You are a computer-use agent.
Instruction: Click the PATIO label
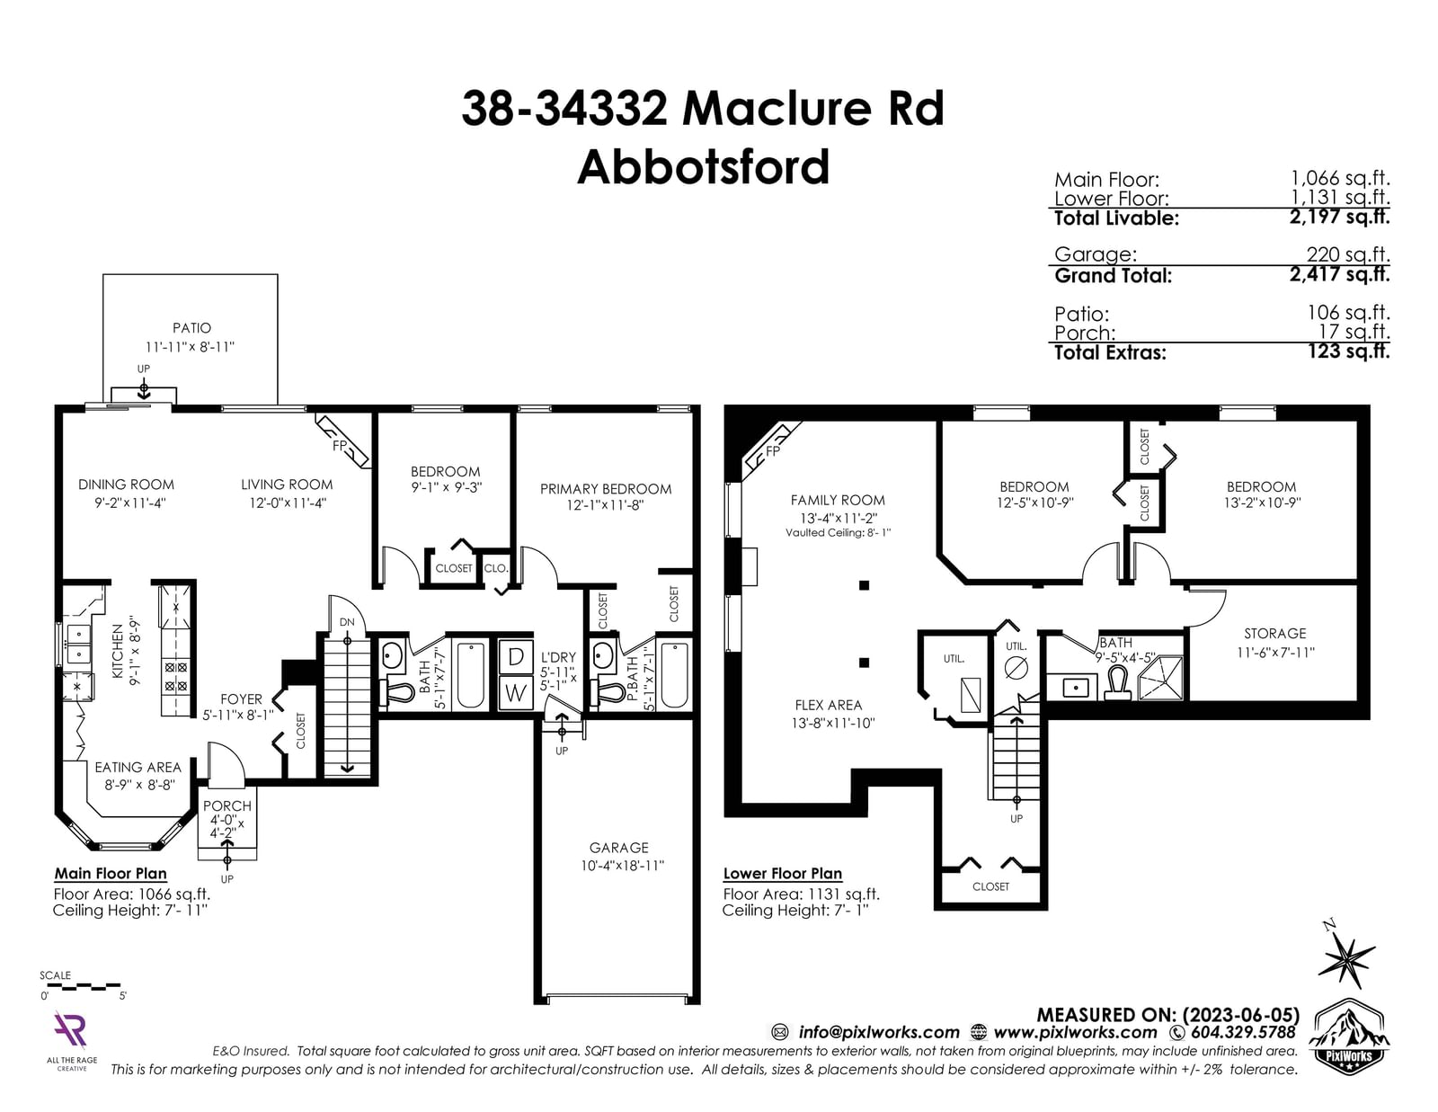click(192, 327)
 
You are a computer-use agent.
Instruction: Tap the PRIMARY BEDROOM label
click(606, 489)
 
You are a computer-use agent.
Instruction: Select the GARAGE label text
click(618, 847)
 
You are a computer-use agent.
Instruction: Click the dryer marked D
click(516, 656)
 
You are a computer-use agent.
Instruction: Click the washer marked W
click(516, 693)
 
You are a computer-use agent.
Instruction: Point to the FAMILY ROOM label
click(837, 501)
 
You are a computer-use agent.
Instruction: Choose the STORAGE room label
click(1274, 634)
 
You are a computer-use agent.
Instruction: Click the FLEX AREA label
click(829, 705)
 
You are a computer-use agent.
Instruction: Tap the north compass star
click(1346, 960)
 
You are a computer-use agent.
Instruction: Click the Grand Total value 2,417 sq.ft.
click(1339, 274)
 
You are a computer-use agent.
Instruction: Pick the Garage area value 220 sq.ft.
click(1348, 254)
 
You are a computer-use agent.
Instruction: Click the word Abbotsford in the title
click(704, 167)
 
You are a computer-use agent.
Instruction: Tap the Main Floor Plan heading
click(111, 873)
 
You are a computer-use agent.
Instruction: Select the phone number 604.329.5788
click(1243, 1033)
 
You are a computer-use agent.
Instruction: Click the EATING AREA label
click(138, 767)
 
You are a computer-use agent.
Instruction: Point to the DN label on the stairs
click(348, 622)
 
